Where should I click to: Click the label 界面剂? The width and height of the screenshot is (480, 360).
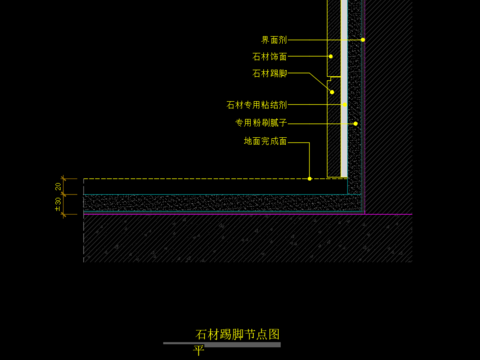(x=274, y=40)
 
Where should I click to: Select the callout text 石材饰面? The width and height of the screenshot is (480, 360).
(x=270, y=57)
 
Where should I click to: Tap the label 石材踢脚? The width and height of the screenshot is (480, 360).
(x=270, y=73)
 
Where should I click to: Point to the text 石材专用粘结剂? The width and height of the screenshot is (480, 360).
(x=257, y=104)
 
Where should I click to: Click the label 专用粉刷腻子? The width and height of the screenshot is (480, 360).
(x=262, y=123)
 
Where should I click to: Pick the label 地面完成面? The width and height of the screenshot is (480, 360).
(x=266, y=142)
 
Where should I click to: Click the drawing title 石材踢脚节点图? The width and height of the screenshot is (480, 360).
(x=237, y=333)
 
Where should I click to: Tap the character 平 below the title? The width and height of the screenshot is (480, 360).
(x=198, y=351)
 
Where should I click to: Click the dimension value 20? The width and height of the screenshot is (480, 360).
(x=59, y=186)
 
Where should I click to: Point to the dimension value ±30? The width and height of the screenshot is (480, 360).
(x=59, y=204)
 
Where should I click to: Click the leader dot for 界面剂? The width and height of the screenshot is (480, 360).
(x=363, y=40)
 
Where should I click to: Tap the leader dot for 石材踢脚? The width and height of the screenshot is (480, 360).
(x=331, y=92)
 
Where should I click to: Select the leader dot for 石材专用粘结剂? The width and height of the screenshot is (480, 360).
(x=346, y=104)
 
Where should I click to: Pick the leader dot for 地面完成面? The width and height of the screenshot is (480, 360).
(x=311, y=178)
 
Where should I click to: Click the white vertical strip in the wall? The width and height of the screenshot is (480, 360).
(x=343, y=80)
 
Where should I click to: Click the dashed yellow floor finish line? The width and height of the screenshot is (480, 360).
(x=200, y=179)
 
